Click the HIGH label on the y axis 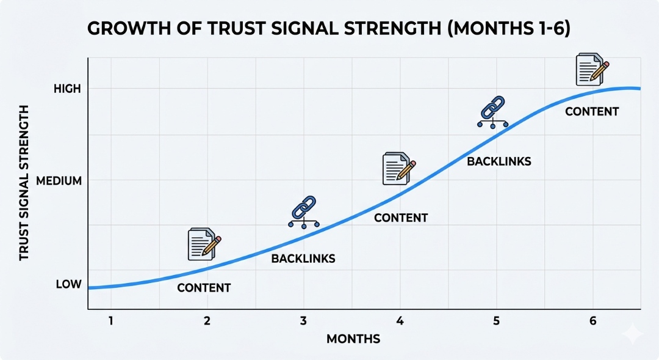tap(67, 89)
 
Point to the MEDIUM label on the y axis tap(59, 181)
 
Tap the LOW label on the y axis tap(68, 284)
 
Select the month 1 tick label tap(111, 321)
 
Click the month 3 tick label tap(303, 321)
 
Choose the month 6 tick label tap(592, 321)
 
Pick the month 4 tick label tap(400, 321)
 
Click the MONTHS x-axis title tap(353, 339)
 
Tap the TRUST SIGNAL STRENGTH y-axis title tap(24, 183)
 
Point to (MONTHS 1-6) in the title tap(509, 29)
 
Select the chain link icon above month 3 tap(304, 212)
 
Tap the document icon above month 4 tap(399, 169)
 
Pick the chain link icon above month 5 tap(492, 112)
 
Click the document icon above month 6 tap(592, 69)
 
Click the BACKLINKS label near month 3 tap(303, 259)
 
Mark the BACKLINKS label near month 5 tap(499, 161)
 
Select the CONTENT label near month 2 tap(204, 288)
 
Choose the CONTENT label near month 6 tap(592, 112)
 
